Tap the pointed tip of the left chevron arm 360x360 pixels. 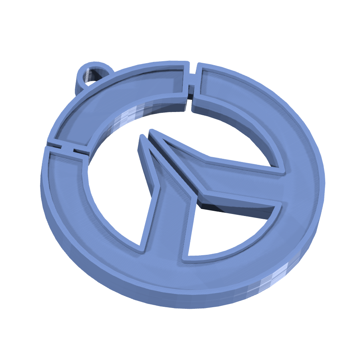[x=141, y=138]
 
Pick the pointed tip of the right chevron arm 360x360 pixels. [x=151, y=132]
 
